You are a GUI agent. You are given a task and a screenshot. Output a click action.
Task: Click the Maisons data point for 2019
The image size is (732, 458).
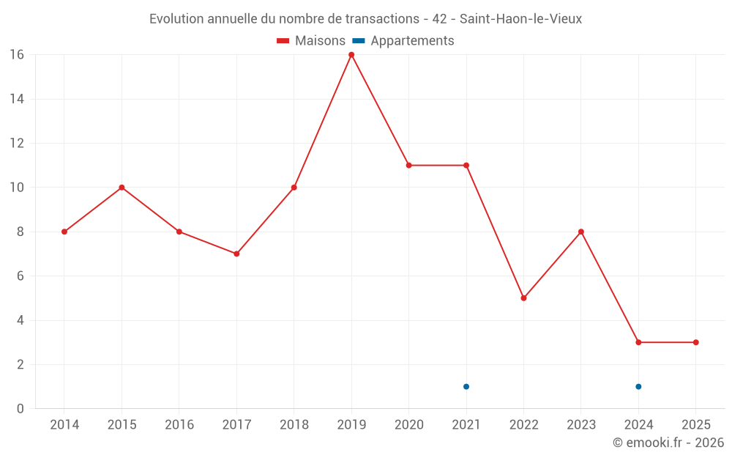point(351,55)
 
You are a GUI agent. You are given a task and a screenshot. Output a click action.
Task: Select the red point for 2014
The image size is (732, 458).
point(64,232)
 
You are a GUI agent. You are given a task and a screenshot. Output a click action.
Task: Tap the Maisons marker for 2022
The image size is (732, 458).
point(523,298)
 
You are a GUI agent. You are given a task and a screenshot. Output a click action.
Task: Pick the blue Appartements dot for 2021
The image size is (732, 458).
point(466,387)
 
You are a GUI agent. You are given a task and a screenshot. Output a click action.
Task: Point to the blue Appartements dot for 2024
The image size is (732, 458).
point(638,387)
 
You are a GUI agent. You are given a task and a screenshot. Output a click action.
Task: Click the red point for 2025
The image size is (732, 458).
point(695,342)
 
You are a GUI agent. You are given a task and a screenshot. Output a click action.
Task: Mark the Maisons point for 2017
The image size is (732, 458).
point(236,254)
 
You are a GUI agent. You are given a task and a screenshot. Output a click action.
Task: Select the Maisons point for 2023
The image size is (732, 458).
point(581,232)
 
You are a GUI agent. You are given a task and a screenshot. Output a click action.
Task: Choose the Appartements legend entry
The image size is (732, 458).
point(412,41)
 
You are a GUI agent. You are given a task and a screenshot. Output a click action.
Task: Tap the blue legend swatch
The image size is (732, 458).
point(359,41)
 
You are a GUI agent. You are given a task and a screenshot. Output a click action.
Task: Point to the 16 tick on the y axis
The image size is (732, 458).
point(17,55)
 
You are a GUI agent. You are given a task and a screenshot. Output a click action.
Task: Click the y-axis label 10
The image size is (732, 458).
point(17,188)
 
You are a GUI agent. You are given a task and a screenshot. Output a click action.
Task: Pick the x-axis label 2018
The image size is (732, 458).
point(294,425)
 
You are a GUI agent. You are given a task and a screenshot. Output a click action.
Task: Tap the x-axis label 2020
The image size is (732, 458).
point(408,425)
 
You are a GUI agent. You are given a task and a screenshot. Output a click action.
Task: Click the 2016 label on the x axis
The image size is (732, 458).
point(179,425)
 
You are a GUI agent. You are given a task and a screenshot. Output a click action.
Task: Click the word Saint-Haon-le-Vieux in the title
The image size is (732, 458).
point(520,19)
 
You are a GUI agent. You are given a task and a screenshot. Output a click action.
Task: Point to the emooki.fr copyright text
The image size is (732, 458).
point(668,443)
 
